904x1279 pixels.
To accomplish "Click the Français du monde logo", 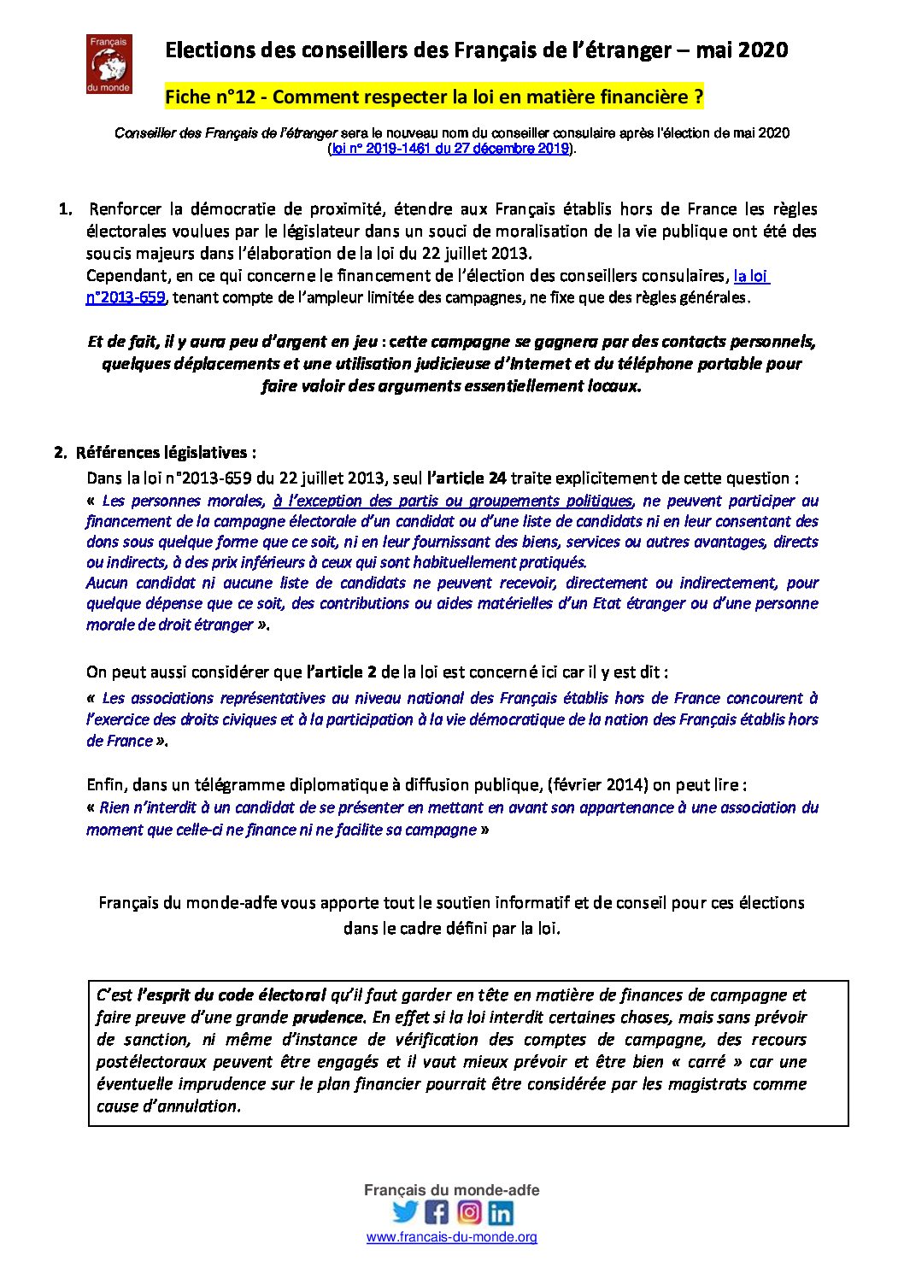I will click(x=109, y=64).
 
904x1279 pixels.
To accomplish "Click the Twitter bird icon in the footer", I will click(x=405, y=1212).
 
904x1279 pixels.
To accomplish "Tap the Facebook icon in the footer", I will click(x=437, y=1212).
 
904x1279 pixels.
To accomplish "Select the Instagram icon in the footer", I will click(x=469, y=1212).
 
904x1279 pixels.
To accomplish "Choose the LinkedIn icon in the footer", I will click(x=501, y=1212).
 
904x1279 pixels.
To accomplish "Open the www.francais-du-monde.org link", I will click(x=452, y=1237).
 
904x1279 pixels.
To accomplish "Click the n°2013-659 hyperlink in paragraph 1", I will click(x=126, y=297).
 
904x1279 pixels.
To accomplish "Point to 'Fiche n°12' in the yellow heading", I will click(x=210, y=97).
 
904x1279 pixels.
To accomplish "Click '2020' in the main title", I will click(x=763, y=50).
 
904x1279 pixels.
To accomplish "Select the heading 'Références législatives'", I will click(x=166, y=453).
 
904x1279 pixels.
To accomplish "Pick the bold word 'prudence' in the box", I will click(x=328, y=1018).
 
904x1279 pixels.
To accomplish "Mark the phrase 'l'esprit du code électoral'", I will click(x=232, y=995).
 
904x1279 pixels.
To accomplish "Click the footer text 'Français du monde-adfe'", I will click(x=452, y=1190).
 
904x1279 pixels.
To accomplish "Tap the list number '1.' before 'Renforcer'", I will click(x=65, y=209).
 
